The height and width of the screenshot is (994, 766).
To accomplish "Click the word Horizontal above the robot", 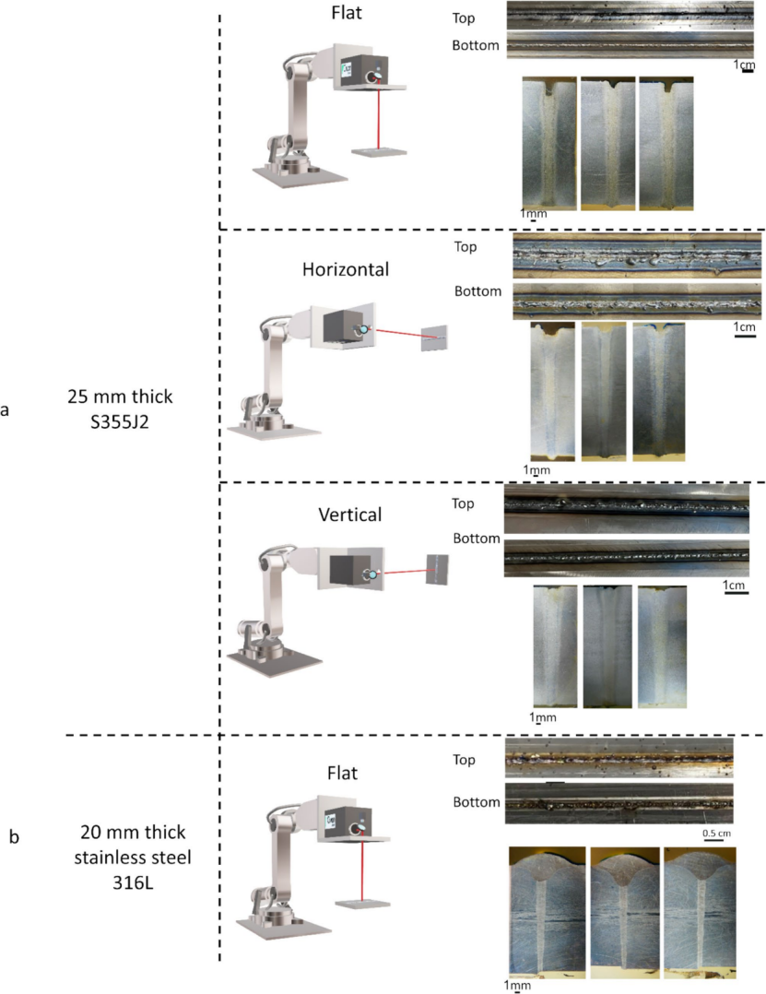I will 346,270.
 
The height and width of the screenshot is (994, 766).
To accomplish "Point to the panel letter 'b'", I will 13,837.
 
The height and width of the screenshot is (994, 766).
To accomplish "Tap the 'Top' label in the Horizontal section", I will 466,246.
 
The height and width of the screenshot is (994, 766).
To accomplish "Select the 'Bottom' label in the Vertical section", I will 476,538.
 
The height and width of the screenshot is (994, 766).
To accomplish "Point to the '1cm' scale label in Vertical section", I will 735,586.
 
